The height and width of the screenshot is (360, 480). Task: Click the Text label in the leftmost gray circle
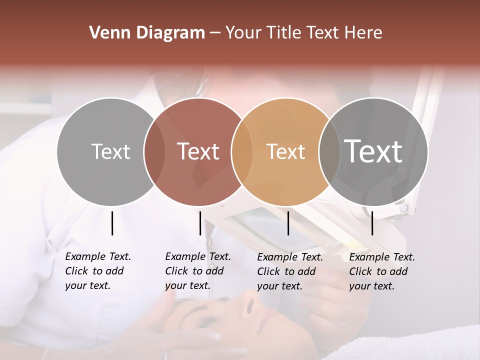[x=110, y=151]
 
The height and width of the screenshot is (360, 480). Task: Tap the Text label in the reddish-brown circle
[x=198, y=151]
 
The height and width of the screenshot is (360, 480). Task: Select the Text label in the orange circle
[x=285, y=151]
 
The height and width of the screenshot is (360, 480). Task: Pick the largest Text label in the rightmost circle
[x=373, y=151]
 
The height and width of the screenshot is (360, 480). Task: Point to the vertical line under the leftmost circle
[x=112, y=223]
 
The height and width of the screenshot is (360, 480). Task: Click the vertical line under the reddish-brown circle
[x=200, y=223]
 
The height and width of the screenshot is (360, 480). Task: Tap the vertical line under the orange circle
[x=288, y=223]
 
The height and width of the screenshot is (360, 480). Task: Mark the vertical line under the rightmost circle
[x=372, y=223]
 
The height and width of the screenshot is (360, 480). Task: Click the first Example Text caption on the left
[x=97, y=271]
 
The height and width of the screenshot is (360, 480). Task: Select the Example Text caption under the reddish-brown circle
[x=197, y=271]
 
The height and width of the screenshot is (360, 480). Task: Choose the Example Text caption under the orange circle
[x=289, y=271]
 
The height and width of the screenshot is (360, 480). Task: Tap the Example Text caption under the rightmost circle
[x=381, y=271]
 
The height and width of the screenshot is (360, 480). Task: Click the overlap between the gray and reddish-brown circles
[x=154, y=151]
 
